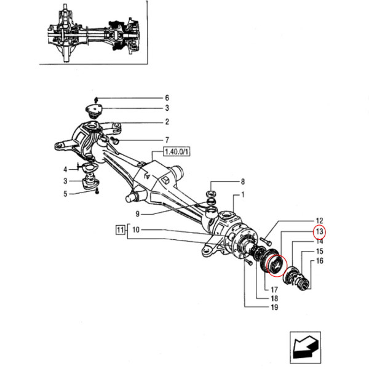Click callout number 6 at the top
coord(166,98)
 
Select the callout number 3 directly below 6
coord(166,109)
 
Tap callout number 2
coord(166,122)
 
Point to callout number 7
coord(166,140)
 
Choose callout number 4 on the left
coord(65,169)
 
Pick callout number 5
coord(65,194)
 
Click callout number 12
coord(319,221)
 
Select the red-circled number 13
coord(319,232)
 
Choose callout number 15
coord(319,252)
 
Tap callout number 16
coord(319,262)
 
